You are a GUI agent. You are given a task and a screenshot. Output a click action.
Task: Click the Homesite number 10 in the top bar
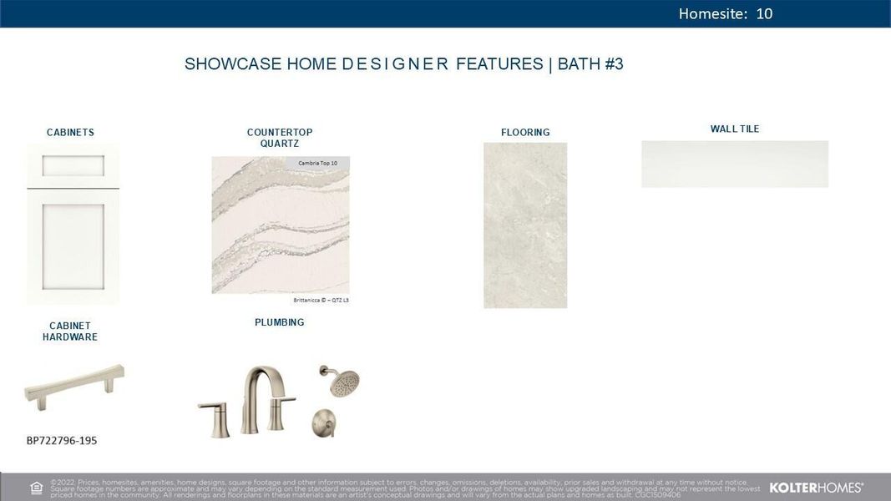coord(764,13)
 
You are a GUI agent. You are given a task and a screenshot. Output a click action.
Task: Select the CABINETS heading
coord(70,133)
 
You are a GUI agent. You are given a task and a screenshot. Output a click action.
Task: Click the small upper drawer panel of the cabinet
coord(73,166)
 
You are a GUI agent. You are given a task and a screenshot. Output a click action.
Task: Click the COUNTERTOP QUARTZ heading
coord(280,138)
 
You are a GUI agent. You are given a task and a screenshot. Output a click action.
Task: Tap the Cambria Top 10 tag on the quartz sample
coord(317,162)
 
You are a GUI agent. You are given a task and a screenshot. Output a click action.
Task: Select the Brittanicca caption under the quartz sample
coord(321,300)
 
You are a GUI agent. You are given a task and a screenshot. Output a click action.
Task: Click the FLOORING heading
coord(525,133)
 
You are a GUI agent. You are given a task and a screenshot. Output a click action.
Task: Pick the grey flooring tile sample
coord(525,225)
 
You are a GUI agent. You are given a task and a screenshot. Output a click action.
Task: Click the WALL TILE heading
coord(735,129)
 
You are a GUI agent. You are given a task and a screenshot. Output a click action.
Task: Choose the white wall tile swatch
coord(735,164)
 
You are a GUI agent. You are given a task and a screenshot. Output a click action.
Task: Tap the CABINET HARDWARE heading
coord(70,331)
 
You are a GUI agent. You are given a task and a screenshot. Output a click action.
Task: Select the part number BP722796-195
coord(68,440)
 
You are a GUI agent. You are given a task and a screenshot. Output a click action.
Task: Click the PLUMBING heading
coord(280,322)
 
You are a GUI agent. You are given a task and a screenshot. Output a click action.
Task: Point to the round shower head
coord(342,382)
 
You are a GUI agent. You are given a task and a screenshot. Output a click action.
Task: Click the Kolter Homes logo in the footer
coord(816,487)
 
